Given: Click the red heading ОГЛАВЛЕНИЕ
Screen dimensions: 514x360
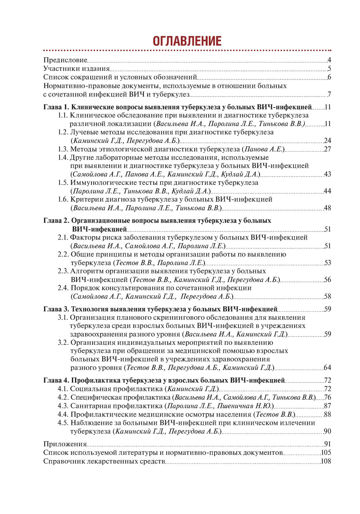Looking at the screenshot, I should [x=187, y=41].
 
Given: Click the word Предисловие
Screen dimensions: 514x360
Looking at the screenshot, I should [x=65, y=60].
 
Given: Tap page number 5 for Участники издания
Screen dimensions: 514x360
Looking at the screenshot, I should [x=329, y=69].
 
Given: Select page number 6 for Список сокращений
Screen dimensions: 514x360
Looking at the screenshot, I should [x=329, y=77].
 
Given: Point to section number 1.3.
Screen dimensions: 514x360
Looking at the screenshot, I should [x=63, y=149].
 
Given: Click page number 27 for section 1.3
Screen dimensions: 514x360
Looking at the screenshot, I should [x=327, y=149].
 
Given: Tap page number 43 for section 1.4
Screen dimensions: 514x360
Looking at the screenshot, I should [x=327, y=174].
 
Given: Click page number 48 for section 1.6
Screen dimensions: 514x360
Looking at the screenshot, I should [x=327, y=208].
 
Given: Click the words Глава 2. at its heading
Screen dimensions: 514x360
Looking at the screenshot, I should [x=56, y=220].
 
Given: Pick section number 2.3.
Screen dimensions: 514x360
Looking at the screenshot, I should [x=63, y=271].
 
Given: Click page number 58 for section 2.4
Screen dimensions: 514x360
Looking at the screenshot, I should [x=327, y=296].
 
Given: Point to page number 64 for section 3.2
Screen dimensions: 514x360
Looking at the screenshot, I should [x=327, y=368].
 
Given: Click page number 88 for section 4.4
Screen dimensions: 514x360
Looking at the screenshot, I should [x=327, y=414].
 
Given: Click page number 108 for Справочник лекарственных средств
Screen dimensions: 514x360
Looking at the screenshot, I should [x=326, y=461].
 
